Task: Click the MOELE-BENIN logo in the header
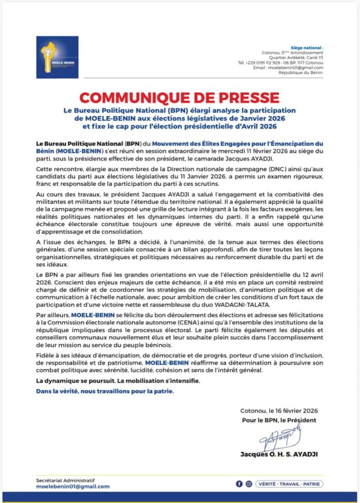(x=57, y=57)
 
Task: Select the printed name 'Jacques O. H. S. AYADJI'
(x=279, y=454)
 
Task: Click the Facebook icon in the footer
(x=239, y=483)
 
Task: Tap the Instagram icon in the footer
(x=249, y=483)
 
